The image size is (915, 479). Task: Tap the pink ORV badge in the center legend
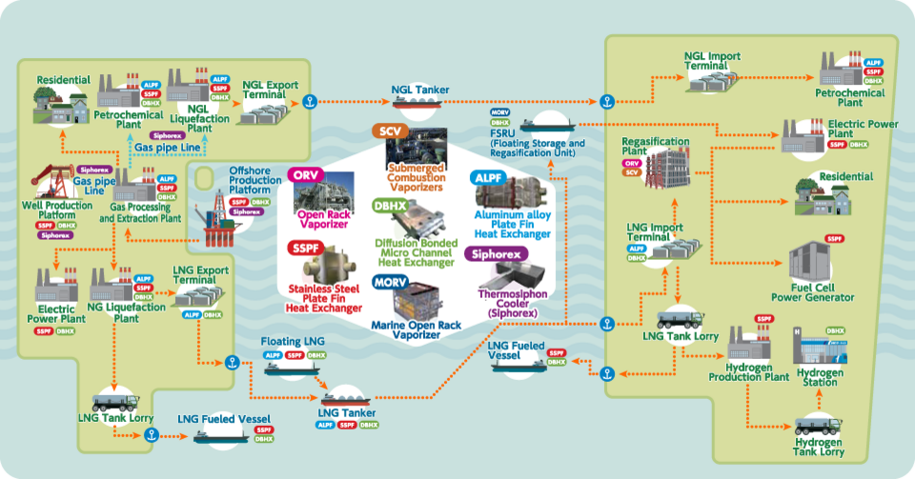point(305,175)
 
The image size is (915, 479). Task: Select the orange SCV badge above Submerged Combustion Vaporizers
point(391,131)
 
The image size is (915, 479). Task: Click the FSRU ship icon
point(544,124)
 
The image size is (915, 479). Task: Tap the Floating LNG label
point(295,341)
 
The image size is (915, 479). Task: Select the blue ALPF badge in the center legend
point(489,178)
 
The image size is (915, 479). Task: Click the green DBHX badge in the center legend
point(390,206)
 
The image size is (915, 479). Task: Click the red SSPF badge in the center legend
point(306,248)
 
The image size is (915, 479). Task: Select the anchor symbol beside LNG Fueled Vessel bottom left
point(150,435)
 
